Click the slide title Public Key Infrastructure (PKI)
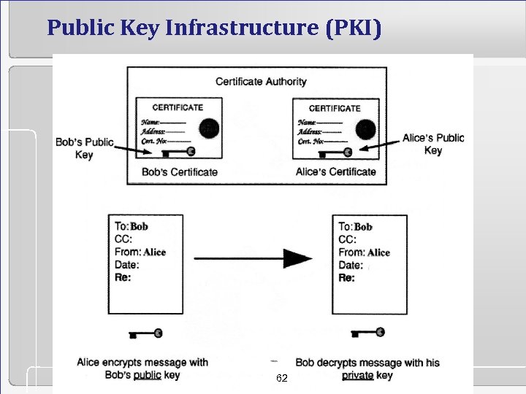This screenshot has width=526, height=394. (213, 28)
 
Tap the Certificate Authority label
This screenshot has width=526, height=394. (261, 81)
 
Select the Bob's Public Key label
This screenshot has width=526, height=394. (84, 147)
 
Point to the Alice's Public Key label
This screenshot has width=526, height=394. (433, 144)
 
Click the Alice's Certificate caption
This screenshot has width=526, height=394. (336, 172)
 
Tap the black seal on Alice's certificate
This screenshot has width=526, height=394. (365, 129)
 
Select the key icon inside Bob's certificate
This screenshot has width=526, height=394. (179, 152)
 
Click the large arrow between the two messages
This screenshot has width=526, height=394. (253, 258)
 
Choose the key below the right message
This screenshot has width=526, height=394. (370, 333)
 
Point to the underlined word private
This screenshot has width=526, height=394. (357, 376)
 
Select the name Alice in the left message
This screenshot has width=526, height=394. (155, 252)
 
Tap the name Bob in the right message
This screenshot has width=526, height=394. (363, 227)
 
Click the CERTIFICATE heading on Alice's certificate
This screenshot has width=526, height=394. (335, 108)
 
